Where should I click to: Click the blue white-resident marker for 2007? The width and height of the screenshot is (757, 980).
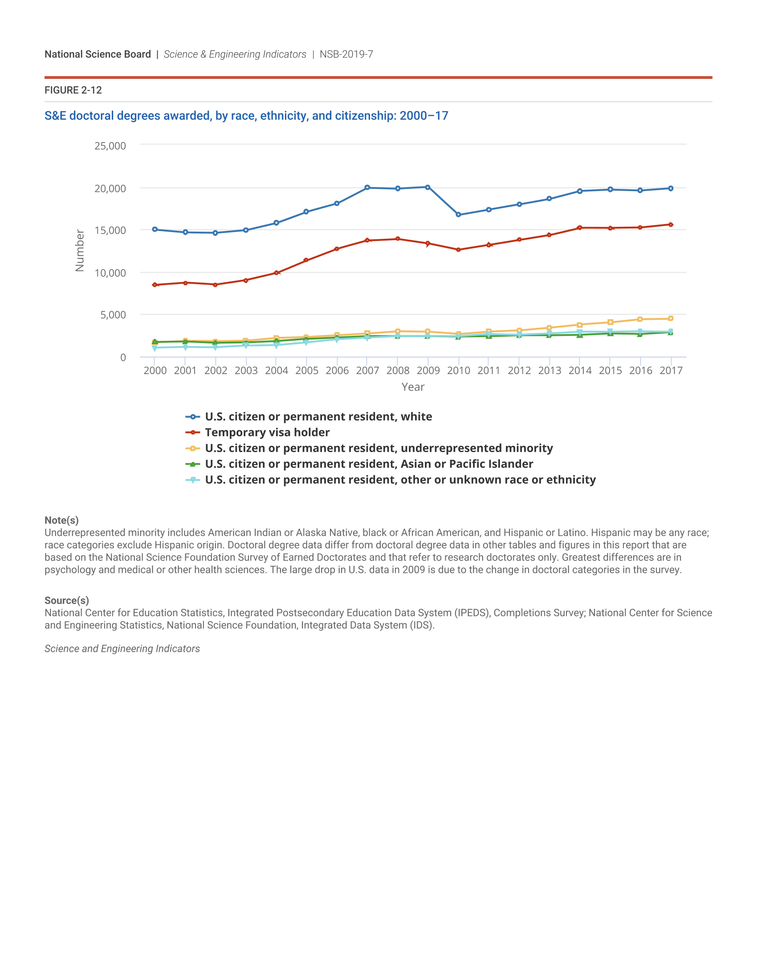tap(367, 188)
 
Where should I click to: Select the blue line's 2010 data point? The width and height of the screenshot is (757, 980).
tap(458, 215)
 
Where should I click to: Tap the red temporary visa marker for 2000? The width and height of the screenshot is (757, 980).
tap(155, 285)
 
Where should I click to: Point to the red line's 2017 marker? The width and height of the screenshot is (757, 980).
tap(671, 225)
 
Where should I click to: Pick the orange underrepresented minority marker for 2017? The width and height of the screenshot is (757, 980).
tap(671, 318)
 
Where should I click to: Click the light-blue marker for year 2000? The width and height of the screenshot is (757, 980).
tap(155, 348)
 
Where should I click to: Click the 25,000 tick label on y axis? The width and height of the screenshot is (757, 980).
tap(110, 146)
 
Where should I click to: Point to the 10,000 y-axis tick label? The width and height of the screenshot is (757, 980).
tap(110, 273)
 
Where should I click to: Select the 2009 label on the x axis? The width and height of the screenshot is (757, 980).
tap(428, 371)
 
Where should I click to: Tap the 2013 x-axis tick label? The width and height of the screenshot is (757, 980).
tap(549, 371)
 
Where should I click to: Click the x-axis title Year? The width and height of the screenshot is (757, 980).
tap(413, 387)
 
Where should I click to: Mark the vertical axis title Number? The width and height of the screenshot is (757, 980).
tap(80, 250)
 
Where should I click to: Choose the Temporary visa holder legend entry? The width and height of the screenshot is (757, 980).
tap(267, 432)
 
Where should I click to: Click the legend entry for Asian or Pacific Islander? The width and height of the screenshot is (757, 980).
tap(369, 464)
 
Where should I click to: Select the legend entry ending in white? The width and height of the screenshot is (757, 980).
tap(318, 416)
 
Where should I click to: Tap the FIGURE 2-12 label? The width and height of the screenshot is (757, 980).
tap(73, 90)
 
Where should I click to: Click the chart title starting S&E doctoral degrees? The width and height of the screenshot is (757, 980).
tap(246, 116)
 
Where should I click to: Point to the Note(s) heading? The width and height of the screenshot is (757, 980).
tap(61, 520)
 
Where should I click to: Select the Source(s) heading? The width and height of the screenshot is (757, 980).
tap(66, 600)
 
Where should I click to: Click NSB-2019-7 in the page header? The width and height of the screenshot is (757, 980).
tap(346, 54)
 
